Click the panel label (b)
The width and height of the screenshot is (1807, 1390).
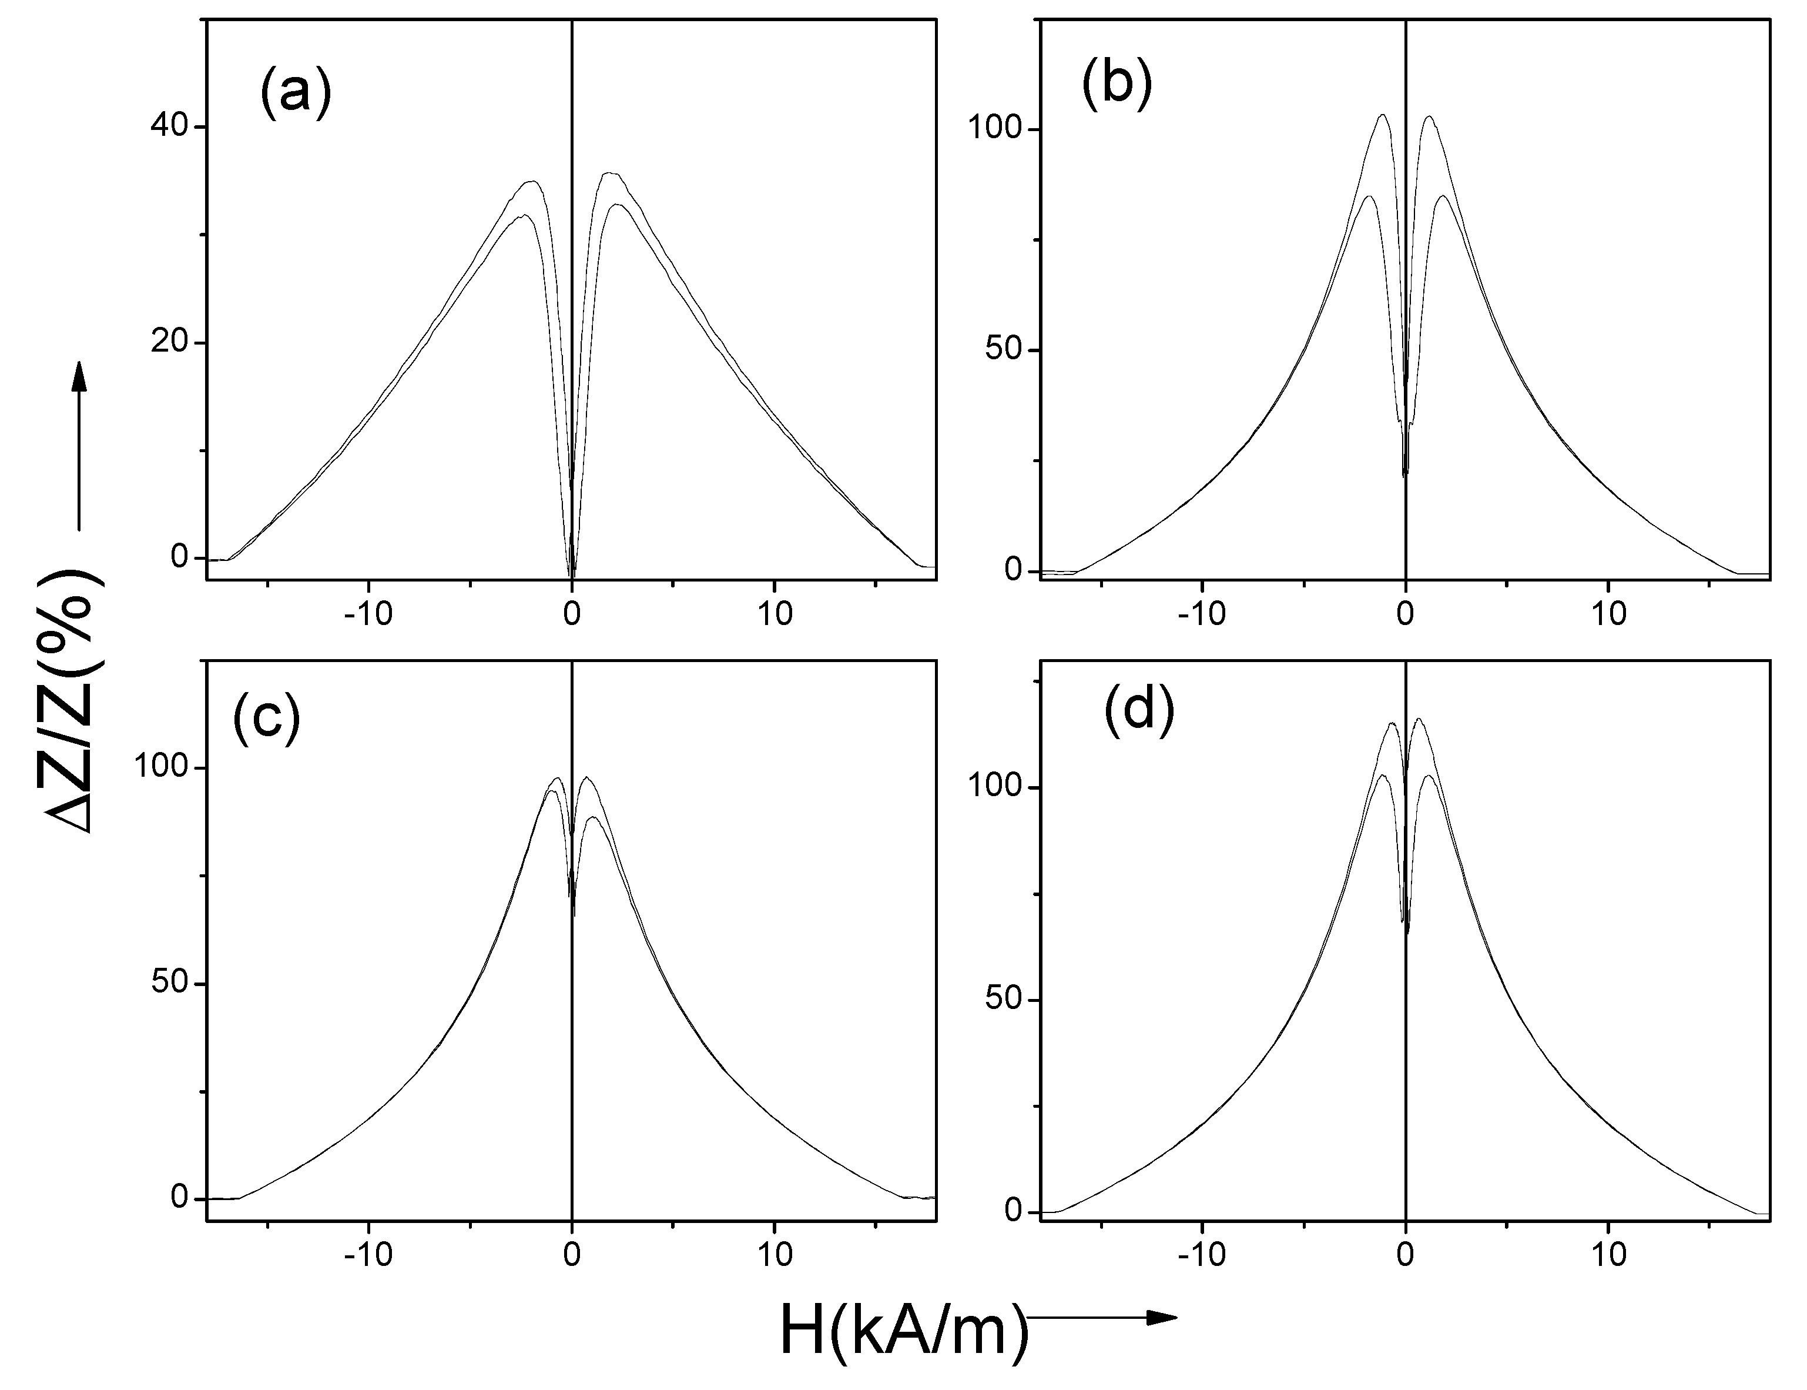[x=1117, y=85]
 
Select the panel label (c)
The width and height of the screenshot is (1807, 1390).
[x=266, y=717]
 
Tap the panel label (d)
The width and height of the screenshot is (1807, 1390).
[x=1139, y=711]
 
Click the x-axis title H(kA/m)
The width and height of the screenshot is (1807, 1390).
[x=904, y=1333]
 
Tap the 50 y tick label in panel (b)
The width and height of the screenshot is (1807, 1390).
[x=1003, y=350]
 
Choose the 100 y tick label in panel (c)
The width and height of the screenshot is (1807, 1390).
[x=160, y=768]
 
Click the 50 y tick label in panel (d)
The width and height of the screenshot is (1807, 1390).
[x=1003, y=1000]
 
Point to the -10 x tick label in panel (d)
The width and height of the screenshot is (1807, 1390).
[x=1202, y=1254]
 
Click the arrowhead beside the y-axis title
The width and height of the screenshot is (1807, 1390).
[x=79, y=376]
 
